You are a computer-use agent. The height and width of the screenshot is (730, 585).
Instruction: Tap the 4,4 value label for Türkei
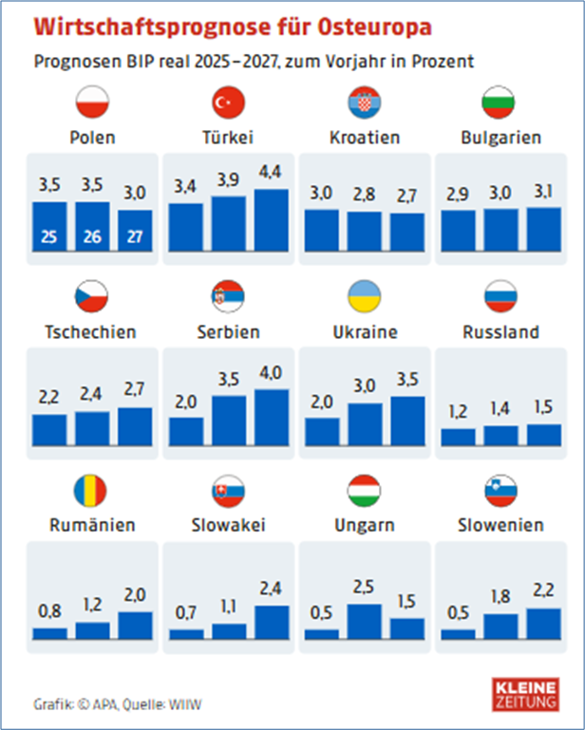click(270, 174)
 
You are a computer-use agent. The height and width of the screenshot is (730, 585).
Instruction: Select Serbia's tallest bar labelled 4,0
click(271, 418)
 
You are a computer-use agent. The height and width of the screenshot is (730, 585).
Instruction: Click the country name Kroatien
click(364, 137)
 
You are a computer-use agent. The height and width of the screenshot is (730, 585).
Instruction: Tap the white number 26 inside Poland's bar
click(92, 235)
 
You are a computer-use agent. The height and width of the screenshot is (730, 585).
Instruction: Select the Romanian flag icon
click(92, 489)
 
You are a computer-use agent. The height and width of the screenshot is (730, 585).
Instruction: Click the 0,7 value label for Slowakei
click(186, 612)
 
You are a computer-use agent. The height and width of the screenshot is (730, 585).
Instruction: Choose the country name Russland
click(500, 332)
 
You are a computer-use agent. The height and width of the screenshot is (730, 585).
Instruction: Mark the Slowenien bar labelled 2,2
click(543, 623)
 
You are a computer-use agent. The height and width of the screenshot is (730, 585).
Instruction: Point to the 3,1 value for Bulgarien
click(543, 192)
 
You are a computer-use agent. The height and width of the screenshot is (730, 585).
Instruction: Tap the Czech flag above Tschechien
click(92, 295)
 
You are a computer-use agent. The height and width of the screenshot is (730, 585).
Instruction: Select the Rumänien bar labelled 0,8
click(50, 632)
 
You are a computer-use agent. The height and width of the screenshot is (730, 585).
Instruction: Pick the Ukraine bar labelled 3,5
click(407, 421)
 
